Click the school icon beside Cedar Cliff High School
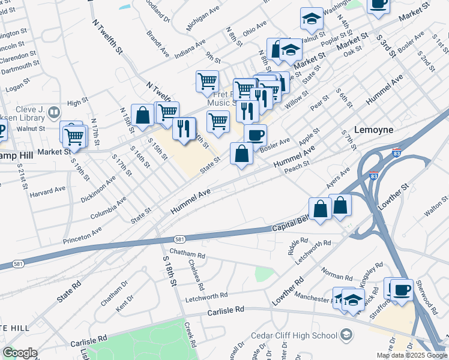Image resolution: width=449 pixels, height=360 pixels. [x=346, y=334]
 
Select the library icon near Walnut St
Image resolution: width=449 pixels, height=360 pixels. [x=54, y=112]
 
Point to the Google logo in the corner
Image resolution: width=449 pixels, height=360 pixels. [x=20, y=352]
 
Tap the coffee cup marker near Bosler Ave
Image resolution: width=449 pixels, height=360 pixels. [x=255, y=135]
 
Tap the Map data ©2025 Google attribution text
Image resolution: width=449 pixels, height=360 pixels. [x=411, y=355]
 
